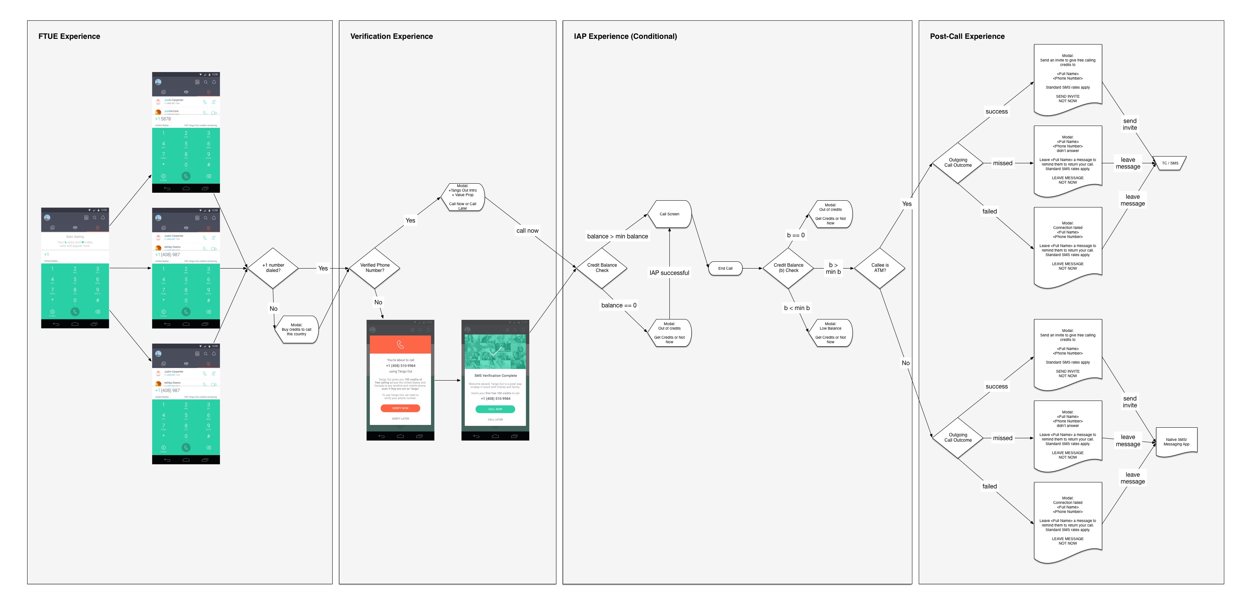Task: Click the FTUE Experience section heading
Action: [x=69, y=37]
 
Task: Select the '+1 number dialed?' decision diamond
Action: [x=273, y=268]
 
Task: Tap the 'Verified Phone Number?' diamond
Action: [x=374, y=268]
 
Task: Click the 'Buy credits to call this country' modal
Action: [x=296, y=330]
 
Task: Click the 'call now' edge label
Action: [x=527, y=231]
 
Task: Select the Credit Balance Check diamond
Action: [x=602, y=268]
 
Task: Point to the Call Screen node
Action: [x=669, y=214]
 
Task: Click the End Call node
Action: [x=725, y=268]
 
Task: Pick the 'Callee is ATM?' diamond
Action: [x=880, y=268]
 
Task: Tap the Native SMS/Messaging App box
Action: [x=1176, y=442]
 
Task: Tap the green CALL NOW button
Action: [x=495, y=409]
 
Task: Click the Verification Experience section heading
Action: [x=391, y=37]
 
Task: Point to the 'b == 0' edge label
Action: [x=796, y=235]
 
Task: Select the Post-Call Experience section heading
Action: [x=967, y=37]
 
